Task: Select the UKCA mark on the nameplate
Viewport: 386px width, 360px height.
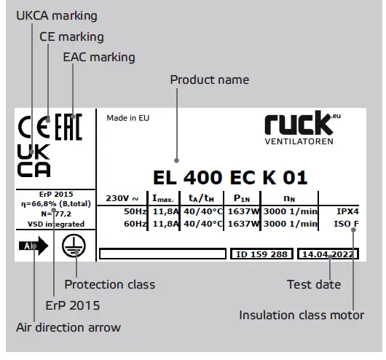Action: pyautogui.click(x=34, y=160)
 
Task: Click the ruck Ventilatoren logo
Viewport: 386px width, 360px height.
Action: pyautogui.click(x=299, y=125)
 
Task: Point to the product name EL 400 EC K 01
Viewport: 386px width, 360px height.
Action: pyautogui.click(x=230, y=177)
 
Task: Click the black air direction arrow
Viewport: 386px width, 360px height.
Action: pyautogui.click(x=36, y=246)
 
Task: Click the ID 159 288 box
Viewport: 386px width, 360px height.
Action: pyautogui.click(x=261, y=255)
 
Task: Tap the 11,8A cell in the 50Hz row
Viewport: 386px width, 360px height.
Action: pyautogui.click(x=164, y=211)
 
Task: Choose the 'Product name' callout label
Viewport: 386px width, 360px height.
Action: pyautogui.click(x=209, y=79)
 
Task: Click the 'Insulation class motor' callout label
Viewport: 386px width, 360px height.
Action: pyautogui.click(x=301, y=316)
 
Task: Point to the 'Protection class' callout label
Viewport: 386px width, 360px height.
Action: pyautogui.click(x=109, y=284)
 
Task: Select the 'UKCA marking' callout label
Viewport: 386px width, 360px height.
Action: pyautogui.click(x=56, y=15)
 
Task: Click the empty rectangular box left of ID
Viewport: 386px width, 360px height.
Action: pyautogui.click(x=162, y=255)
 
